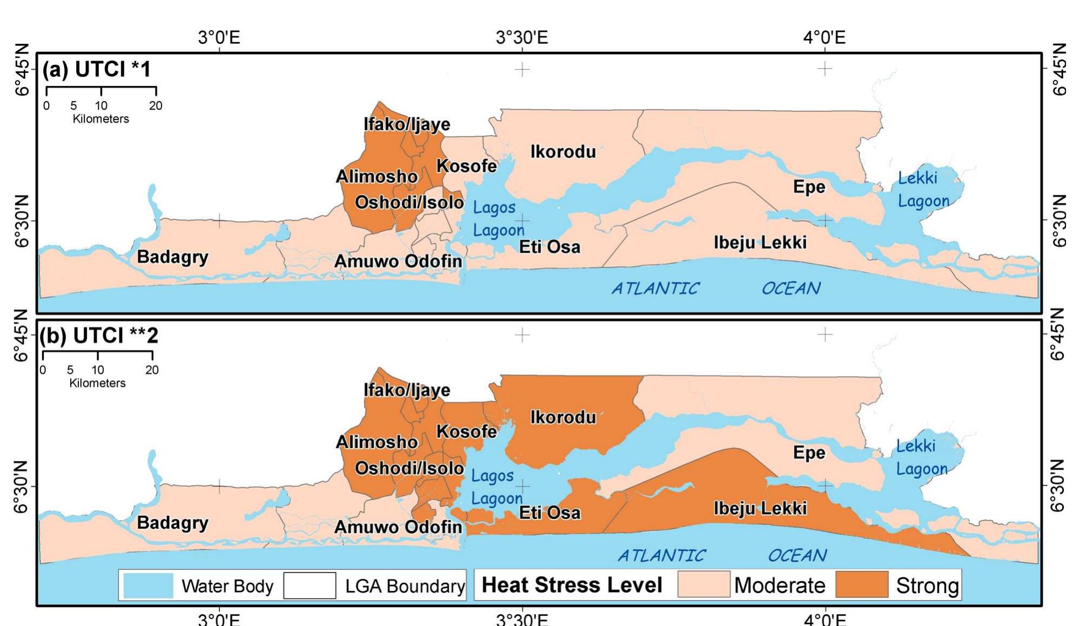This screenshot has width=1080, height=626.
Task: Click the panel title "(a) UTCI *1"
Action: [97, 69]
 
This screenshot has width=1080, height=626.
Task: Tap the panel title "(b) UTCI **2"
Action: [99, 335]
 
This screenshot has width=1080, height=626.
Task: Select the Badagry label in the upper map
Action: [172, 257]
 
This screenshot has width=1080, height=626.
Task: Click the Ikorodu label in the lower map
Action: [563, 417]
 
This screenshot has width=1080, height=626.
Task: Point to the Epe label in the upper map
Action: [809, 187]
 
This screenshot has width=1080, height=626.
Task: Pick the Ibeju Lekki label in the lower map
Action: [760, 508]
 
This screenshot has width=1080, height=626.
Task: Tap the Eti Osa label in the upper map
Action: [550, 247]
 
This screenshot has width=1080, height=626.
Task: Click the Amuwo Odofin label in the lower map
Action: [398, 527]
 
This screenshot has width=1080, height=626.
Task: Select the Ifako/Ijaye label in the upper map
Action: [407, 124]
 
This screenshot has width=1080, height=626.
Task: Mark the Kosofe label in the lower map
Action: [467, 432]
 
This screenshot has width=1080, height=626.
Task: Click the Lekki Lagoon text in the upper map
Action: [922, 189]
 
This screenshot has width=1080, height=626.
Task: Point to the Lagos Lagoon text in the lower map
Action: [496, 487]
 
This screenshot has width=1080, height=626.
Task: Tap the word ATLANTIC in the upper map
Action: [655, 288]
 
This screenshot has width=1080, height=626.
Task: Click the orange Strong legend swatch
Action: [862, 585]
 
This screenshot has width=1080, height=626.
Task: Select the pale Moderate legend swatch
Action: [704, 585]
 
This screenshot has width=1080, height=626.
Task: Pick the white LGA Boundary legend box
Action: [309, 585]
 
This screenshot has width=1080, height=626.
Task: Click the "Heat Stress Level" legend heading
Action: [572, 585]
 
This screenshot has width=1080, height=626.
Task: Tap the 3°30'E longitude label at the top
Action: [522, 37]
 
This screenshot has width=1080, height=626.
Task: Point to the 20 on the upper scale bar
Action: [156, 105]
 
